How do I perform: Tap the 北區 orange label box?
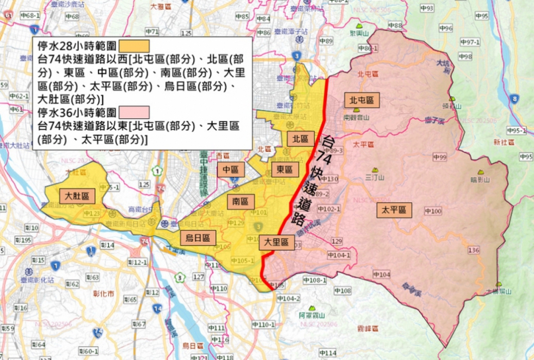[x=300, y=139]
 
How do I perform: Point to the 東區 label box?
[x=285, y=170]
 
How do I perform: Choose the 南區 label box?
[x=239, y=201]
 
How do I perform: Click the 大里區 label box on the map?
[x=275, y=242]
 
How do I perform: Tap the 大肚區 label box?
[x=76, y=196]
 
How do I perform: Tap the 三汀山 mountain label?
[x=375, y=178]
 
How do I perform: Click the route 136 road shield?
[x=473, y=250]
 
